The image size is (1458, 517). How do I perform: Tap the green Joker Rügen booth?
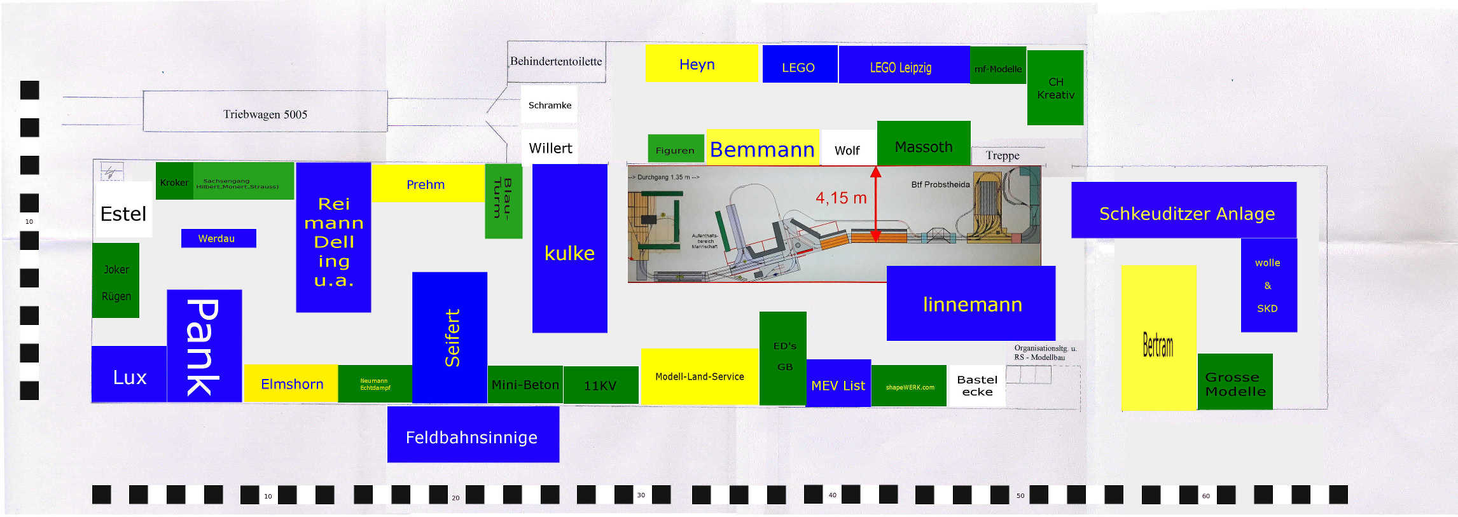(116, 280)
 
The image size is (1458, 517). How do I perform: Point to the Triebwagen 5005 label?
(265, 114)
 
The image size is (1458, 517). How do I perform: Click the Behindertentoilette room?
(556, 62)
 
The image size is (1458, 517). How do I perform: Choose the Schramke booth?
(550, 105)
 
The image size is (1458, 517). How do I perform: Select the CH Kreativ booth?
(1055, 88)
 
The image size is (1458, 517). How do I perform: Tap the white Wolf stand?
(847, 149)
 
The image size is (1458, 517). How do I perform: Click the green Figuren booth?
(676, 149)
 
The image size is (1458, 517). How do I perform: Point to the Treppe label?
(1003, 156)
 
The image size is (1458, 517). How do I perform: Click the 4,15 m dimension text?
(841, 198)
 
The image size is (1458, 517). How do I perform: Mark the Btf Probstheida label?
(940, 184)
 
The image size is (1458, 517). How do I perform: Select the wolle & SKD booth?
(1268, 285)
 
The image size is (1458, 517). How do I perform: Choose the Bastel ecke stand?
(976, 385)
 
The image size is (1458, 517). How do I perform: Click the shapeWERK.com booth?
(910, 386)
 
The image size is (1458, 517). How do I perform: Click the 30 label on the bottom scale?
(641, 495)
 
